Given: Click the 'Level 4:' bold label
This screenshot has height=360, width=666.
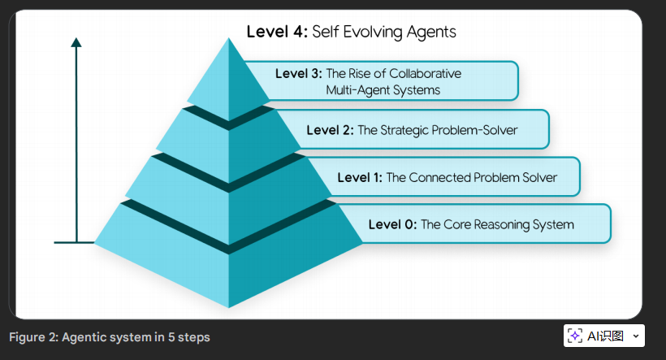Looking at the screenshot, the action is point(277,33).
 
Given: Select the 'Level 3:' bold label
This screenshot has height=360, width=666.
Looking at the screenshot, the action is point(298,73).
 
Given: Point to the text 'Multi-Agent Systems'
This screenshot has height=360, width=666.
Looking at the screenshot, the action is point(383,90).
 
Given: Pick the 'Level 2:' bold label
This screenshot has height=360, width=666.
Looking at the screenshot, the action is point(330,129).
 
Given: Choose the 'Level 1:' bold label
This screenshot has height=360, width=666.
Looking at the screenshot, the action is point(360,177).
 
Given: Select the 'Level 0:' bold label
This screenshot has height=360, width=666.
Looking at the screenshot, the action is point(391,224).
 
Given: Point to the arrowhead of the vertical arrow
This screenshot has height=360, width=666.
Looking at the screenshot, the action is point(76,43).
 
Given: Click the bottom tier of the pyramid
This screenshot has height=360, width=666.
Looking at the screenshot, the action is point(227,260).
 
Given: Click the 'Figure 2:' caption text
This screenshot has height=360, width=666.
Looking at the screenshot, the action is point(33,337).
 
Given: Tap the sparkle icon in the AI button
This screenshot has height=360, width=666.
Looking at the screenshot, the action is point(575,336).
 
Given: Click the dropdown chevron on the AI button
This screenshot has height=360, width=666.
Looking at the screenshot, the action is point(635,336).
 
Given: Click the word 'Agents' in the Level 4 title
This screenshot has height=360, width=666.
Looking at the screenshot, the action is point(431,33).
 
